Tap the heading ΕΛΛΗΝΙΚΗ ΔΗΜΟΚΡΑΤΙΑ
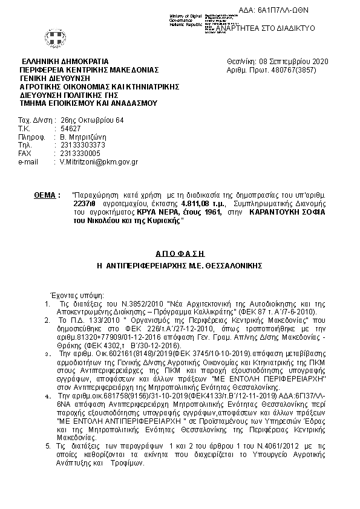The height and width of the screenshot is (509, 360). pyautogui.click(x=65, y=62)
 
